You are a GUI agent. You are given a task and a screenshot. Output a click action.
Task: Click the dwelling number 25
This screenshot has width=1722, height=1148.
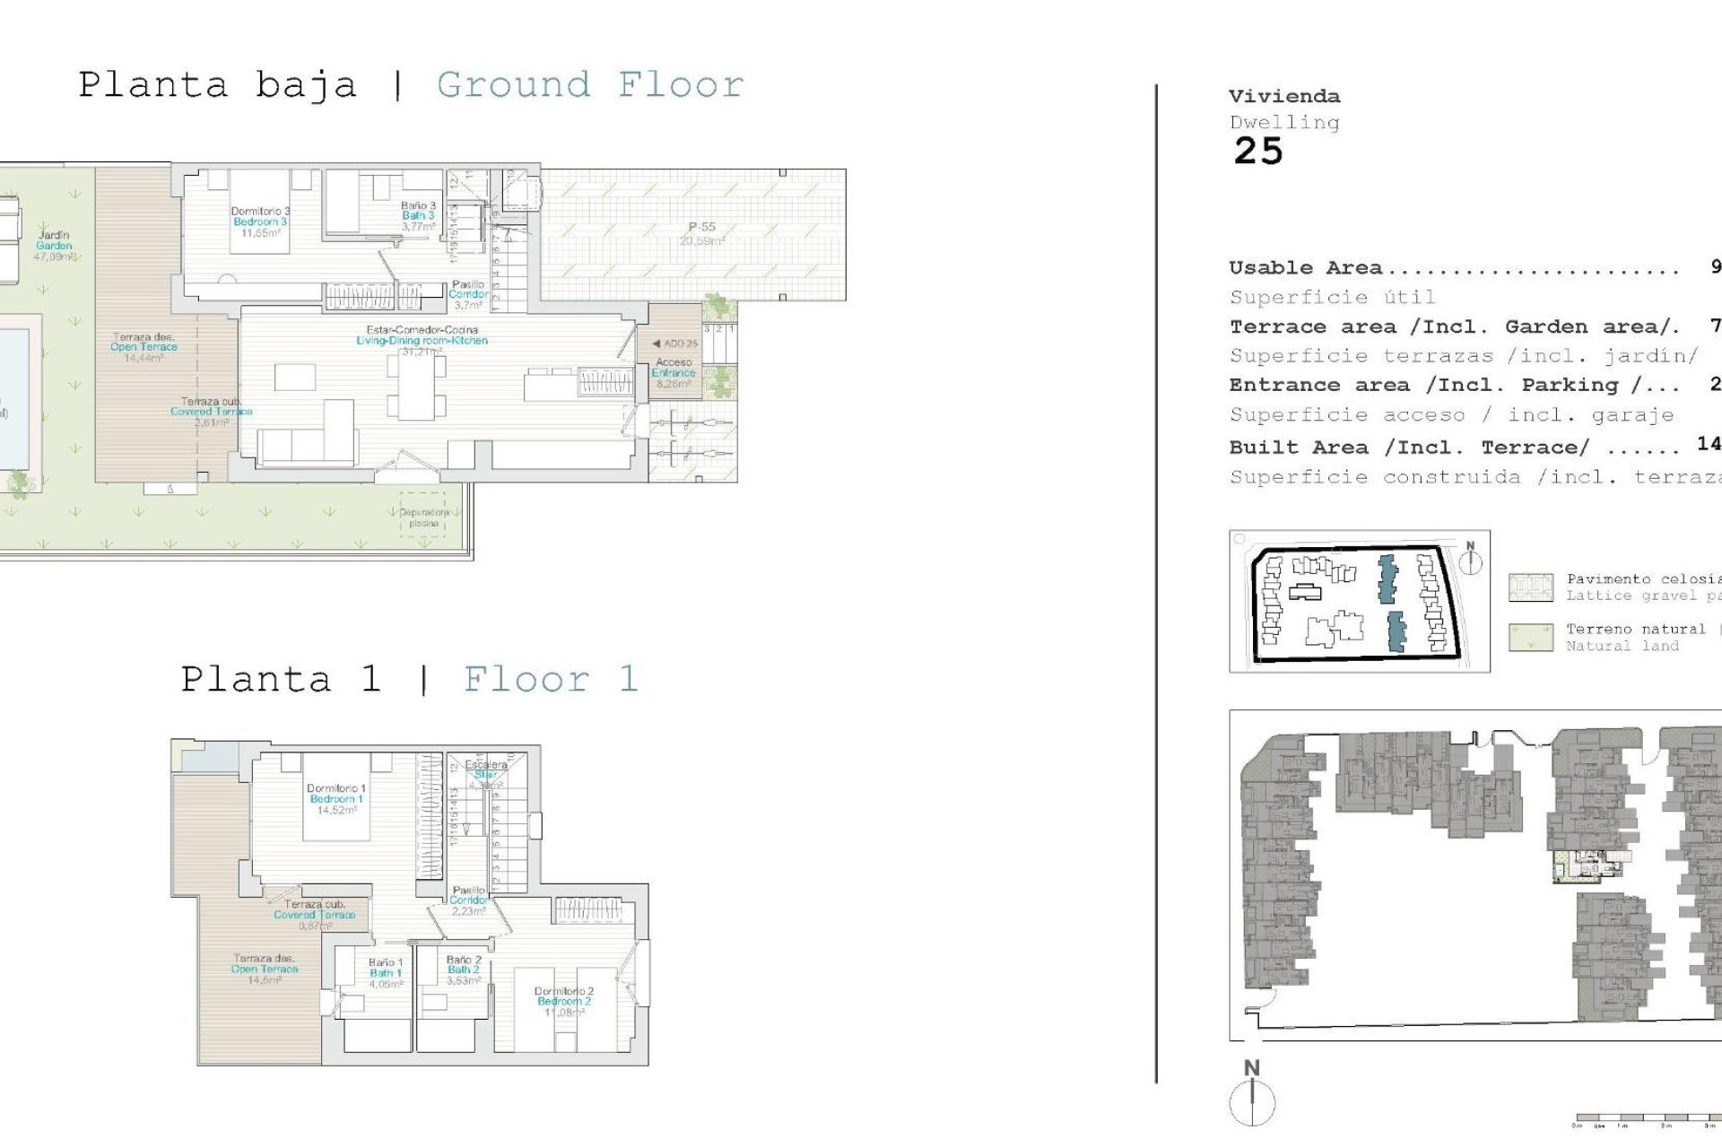click(x=1257, y=152)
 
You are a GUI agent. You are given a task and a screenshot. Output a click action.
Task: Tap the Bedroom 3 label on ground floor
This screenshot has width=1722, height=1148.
click(x=260, y=222)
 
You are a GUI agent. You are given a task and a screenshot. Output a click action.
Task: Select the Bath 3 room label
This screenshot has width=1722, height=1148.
click(x=418, y=215)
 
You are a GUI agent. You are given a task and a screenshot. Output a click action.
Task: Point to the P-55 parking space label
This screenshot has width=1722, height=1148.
click(x=701, y=228)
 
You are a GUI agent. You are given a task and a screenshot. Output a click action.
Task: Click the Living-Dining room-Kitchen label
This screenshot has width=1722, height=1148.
click(x=422, y=340)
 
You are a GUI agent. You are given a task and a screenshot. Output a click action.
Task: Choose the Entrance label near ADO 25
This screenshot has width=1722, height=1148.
click(x=674, y=372)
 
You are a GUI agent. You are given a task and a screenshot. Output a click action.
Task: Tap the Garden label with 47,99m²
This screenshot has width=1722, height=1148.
click(x=54, y=245)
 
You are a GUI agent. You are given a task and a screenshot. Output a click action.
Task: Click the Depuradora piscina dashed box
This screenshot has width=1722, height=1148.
click(x=422, y=517)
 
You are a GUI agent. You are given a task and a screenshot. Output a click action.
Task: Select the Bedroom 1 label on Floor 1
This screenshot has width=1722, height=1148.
click(x=336, y=798)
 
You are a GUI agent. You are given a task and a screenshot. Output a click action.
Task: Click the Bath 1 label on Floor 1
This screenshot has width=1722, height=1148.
click(x=386, y=972)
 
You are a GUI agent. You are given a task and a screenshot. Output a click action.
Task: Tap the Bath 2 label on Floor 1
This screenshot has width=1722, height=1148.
click(x=464, y=969)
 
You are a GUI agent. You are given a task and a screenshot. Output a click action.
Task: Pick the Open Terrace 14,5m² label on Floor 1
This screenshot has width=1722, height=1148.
click(x=265, y=969)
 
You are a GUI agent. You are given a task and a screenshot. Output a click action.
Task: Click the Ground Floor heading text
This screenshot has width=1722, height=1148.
click(x=589, y=85)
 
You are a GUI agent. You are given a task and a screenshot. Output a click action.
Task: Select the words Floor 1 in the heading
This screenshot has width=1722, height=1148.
click(x=550, y=679)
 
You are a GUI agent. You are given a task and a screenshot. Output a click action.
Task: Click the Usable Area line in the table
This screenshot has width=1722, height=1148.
click(x=1453, y=267)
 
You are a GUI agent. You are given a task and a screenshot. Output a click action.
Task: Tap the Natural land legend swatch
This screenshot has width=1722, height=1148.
click(x=1530, y=638)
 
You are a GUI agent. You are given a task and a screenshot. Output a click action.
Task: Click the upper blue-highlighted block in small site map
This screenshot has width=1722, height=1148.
click(x=1387, y=578)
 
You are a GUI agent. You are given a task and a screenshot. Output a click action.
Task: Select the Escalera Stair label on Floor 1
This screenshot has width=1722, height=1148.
click(x=485, y=770)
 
